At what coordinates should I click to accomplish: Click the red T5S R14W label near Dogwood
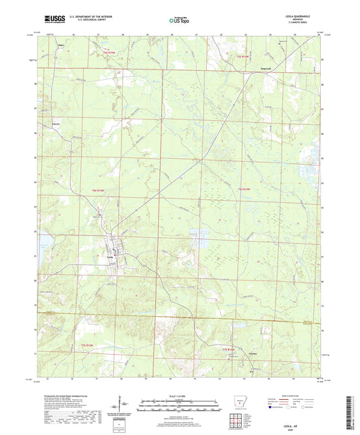[x=242, y=55]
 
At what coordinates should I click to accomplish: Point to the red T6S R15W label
[x=99, y=191]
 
